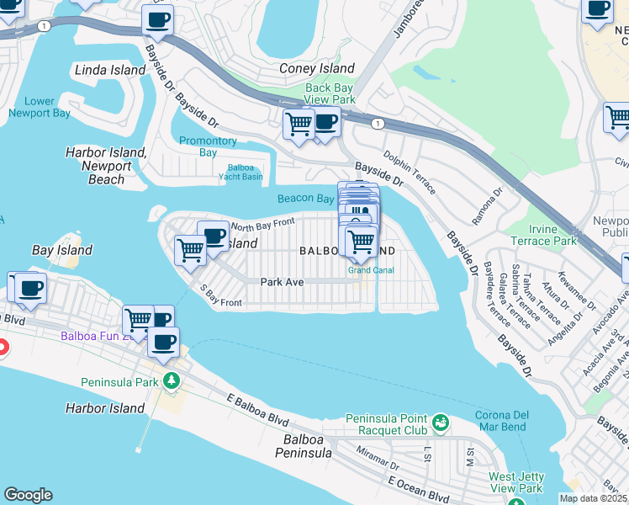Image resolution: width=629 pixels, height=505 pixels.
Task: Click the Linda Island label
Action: point(110,70)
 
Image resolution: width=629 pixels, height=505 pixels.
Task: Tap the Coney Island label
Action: point(316,68)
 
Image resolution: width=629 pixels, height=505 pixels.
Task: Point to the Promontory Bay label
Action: point(208,146)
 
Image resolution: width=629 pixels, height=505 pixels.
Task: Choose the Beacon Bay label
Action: point(306,199)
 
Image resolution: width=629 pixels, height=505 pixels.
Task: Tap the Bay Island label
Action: point(62,251)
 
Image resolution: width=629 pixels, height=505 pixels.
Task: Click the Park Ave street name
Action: point(282,282)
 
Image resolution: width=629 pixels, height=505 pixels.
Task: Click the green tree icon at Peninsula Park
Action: point(172,380)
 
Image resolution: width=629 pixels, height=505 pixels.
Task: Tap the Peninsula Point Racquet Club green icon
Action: point(441,420)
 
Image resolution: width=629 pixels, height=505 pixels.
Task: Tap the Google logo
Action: point(28,495)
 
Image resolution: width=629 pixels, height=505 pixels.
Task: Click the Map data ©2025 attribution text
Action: point(594,498)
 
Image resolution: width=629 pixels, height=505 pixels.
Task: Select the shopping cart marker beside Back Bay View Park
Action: point(299,124)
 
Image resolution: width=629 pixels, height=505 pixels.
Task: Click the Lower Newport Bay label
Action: point(40,107)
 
